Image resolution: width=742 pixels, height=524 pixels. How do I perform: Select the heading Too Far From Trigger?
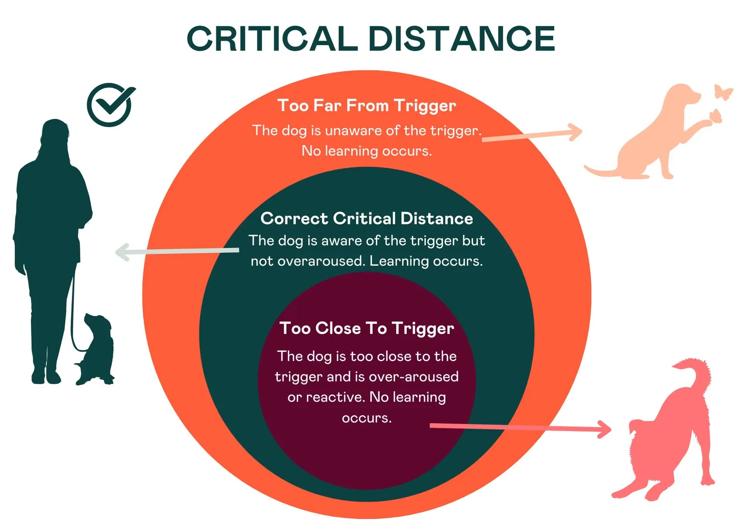(x=366, y=105)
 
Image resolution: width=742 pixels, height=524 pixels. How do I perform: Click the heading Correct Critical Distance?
(x=366, y=219)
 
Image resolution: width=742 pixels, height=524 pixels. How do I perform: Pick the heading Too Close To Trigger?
(x=366, y=328)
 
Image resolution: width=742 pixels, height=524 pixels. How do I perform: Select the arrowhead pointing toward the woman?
(x=123, y=253)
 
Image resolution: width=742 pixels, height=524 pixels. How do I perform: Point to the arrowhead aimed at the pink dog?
(x=604, y=429)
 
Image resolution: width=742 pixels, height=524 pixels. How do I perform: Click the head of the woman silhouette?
(x=55, y=131)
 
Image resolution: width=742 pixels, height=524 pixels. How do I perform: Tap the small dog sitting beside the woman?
(x=96, y=348)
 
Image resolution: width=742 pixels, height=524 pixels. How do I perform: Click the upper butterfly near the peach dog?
(x=723, y=92)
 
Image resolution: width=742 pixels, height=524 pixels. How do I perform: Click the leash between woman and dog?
(x=73, y=321)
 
